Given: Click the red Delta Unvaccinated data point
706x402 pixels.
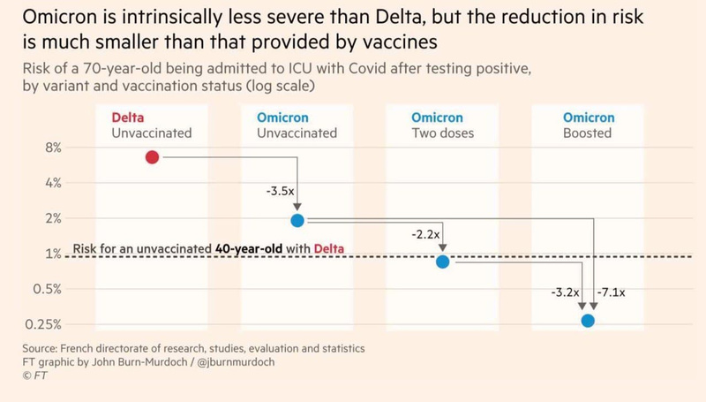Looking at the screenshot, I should point(152,157).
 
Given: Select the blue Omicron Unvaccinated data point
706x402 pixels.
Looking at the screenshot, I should point(297,220).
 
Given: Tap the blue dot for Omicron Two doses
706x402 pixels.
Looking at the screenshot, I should point(443,262).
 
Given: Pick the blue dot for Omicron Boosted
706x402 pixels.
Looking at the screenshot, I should point(588,321).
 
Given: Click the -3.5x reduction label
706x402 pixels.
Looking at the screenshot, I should point(280,190).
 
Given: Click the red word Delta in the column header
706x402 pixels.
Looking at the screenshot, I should point(129,117).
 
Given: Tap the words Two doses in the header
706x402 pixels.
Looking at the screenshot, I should point(442,133).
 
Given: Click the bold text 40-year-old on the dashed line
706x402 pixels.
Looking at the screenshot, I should point(251,249).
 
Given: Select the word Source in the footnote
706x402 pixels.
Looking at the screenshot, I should point(42,348).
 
